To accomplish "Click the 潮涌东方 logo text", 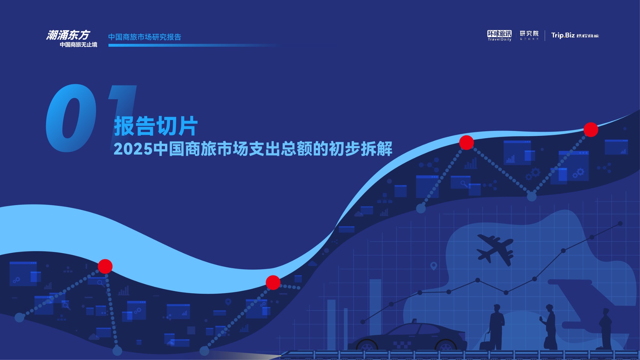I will tap(68, 35).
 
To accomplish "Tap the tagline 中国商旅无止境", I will tap(78, 45).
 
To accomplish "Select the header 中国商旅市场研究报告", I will tap(145, 37).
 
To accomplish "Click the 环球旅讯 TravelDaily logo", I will tap(499, 35).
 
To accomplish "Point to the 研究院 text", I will tap(529, 34).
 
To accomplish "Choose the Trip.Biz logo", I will tap(575, 35).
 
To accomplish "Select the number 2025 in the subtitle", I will tap(133, 149).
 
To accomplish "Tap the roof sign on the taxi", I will tap(414, 320).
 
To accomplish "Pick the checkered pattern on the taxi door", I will tap(402, 345).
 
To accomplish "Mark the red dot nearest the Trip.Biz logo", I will tap(591, 130).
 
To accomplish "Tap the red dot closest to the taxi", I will tap(273, 283).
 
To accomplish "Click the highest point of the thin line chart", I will tap(620, 223).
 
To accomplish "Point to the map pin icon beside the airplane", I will tap(434, 266).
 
